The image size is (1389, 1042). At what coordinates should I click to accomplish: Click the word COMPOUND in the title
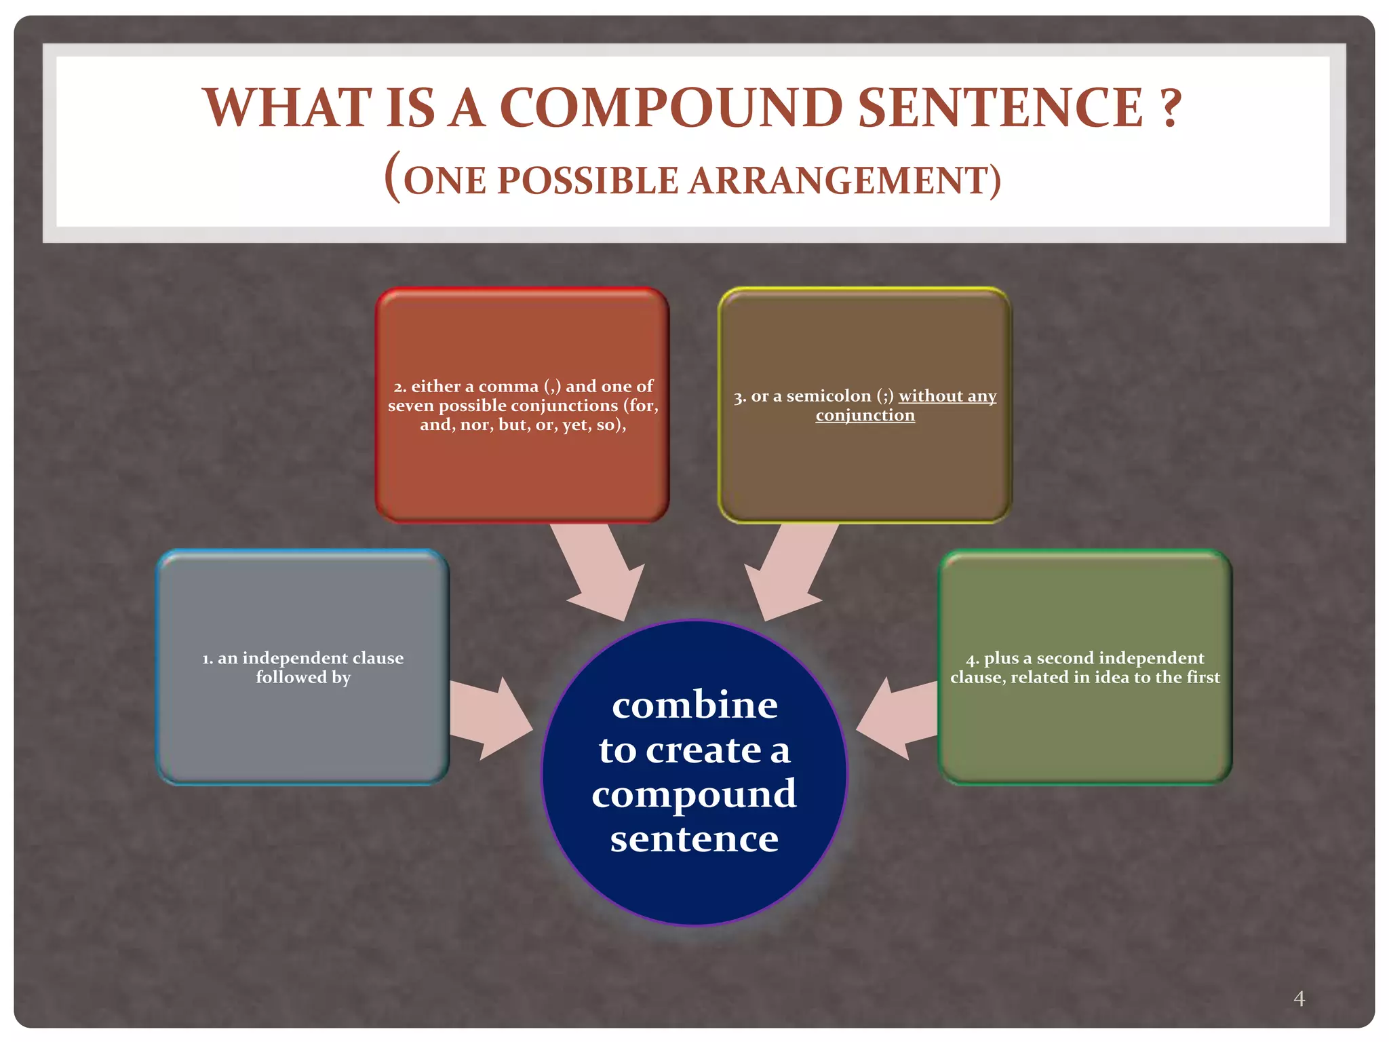tap(671, 109)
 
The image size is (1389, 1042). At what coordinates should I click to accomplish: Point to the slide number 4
tap(1299, 998)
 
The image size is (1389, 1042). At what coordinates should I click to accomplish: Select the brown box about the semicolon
tap(865, 468)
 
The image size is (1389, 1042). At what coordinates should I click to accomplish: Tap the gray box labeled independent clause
tap(303, 726)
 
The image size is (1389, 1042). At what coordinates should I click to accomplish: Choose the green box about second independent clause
tap(1085, 726)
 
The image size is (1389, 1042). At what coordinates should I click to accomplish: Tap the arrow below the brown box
tap(787, 570)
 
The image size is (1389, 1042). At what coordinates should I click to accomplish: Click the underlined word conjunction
tap(865, 415)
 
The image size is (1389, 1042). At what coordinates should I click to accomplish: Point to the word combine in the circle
tap(694, 706)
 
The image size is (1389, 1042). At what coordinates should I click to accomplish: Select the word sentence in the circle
tap(694, 840)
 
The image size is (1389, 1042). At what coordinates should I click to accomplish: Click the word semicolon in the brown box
tap(829, 396)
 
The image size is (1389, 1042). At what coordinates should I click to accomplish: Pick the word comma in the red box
tap(508, 387)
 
